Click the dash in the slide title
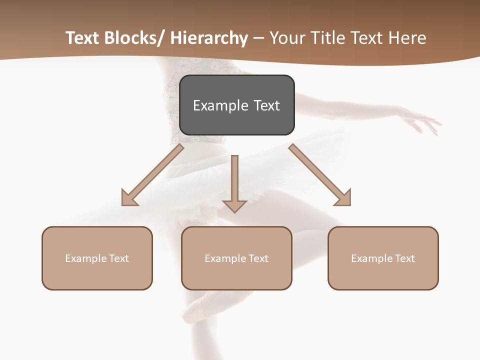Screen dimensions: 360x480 click(258, 38)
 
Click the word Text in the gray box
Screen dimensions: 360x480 click(266, 106)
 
